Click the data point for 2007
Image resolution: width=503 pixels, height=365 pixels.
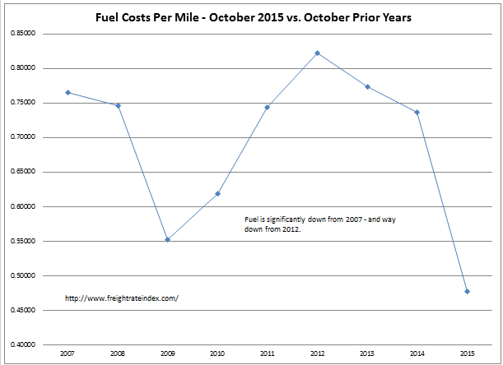pyautogui.click(x=68, y=92)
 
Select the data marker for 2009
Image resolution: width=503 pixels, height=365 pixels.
pyautogui.click(x=167, y=239)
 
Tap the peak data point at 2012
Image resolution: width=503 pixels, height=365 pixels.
pyautogui.click(x=317, y=53)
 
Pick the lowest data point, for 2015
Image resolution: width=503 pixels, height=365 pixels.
pyautogui.click(x=467, y=291)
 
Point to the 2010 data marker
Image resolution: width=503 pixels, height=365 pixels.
pyautogui.click(x=217, y=193)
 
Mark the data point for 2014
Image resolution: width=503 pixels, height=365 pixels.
pyautogui.click(x=417, y=112)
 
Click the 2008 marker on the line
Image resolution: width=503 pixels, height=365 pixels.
pyautogui.click(x=118, y=105)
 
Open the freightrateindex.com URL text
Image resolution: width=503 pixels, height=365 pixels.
pyautogui.click(x=120, y=298)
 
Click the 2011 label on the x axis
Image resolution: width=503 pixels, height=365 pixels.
pyautogui.click(x=267, y=354)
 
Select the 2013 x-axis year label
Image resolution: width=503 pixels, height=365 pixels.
pyautogui.click(x=367, y=354)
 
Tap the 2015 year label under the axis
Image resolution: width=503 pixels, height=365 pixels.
pyautogui.click(x=467, y=354)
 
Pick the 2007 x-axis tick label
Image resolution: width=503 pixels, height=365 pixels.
pyautogui.click(x=68, y=354)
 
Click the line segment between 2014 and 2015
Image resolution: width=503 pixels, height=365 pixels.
pyautogui.click(x=442, y=201)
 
